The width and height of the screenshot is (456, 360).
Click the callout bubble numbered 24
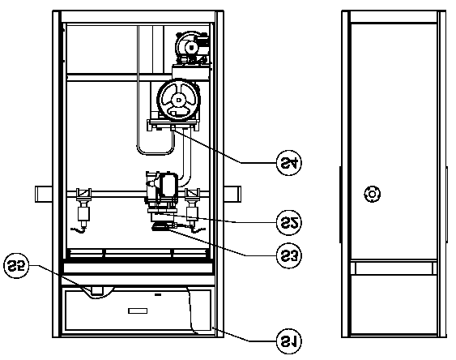289,163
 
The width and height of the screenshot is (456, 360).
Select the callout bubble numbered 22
289,223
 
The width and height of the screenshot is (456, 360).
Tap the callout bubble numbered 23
289,255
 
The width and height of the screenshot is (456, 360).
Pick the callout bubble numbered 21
289,341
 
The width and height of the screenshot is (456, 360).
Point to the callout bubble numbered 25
16,265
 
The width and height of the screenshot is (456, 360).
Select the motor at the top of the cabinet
192,47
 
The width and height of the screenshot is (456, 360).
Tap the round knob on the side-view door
373,194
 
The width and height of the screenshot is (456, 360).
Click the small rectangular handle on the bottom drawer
138,311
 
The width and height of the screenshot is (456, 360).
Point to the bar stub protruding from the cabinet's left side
44,194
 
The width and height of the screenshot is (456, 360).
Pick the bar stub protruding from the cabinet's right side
232,194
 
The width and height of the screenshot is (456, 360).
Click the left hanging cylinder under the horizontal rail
83,214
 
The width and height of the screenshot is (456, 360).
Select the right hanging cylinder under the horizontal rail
192,214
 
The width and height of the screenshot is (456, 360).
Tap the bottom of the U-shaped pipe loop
156,153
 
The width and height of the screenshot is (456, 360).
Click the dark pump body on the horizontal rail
166,184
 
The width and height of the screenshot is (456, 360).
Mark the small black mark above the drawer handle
158,295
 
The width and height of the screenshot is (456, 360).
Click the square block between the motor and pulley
190,72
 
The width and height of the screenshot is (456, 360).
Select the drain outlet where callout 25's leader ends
97,290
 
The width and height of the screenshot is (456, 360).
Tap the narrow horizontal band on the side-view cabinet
394,268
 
